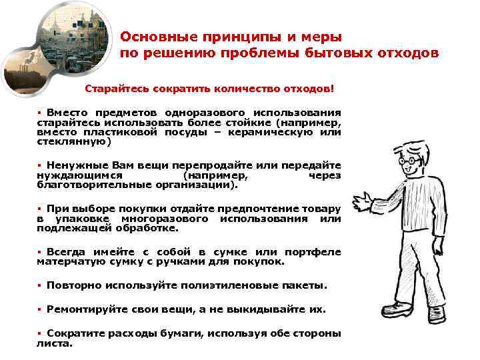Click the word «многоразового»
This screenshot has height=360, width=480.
coord(164,219)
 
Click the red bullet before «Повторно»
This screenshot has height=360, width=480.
coord(39,285)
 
